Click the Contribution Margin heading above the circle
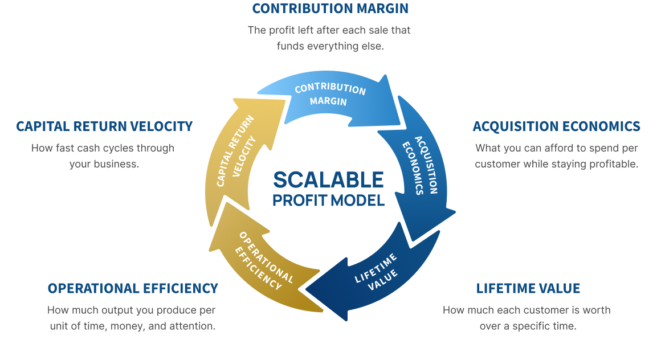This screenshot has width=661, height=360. tap(330, 9)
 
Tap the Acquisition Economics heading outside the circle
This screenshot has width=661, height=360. tap(556, 126)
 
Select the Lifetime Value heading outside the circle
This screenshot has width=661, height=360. tap(528, 289)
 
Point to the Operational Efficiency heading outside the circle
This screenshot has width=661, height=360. tap(133, 289)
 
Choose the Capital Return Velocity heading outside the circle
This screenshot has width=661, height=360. tap(104, 126)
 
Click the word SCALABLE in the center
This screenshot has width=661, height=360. tap(328, 180)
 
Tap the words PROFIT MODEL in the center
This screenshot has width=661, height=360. tap(328, 201)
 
